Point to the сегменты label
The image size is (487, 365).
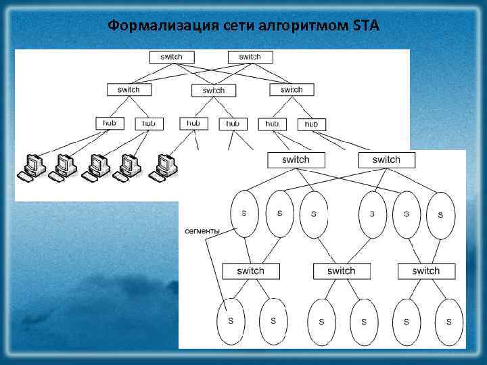tap(202, 231)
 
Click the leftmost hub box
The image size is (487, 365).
tap(110, 124)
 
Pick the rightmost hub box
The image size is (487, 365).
tap(311, 124)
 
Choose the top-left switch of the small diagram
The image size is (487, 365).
tap(171, 57)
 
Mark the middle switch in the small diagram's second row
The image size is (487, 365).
tap(214, 91)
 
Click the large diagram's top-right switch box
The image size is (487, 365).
tap(386, 160)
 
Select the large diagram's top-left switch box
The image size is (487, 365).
tap(296, 160)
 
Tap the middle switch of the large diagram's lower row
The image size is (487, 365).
tap(341, 271)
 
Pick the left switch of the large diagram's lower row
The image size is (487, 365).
tap(250, 271)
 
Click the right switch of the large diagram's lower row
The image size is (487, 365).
tap(426, 271)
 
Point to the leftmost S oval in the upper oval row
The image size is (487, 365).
tap(244, 214)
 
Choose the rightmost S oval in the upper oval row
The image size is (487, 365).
tap(440, 215)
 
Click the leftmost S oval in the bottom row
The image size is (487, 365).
tap(231, 322)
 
